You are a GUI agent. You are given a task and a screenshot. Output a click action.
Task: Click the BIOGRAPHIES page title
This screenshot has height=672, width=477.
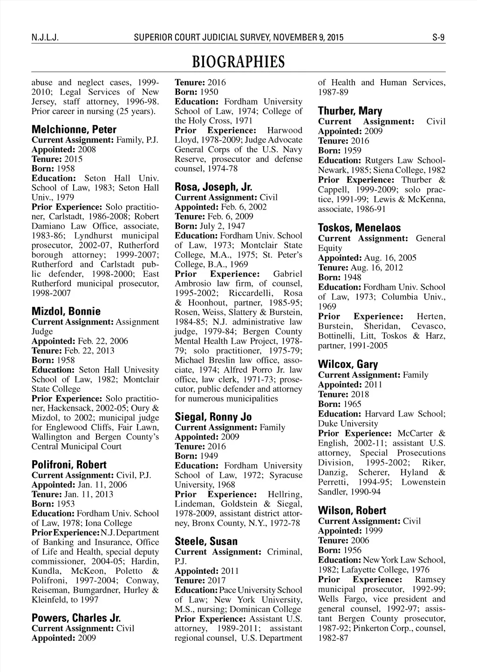[238, 61]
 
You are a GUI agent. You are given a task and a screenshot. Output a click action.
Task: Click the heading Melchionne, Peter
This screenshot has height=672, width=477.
[74, 129]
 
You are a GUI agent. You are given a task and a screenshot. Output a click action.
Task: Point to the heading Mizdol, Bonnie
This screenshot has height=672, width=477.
[66, 311]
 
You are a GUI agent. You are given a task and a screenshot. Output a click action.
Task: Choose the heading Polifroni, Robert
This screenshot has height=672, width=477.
[69, 464]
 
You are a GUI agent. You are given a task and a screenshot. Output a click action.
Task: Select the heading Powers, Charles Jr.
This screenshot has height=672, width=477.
[76, 618]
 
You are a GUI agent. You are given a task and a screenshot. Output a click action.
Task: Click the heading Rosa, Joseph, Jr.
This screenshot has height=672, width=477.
[213, 187]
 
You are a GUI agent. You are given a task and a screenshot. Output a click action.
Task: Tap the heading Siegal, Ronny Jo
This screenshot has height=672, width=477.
[213, 417]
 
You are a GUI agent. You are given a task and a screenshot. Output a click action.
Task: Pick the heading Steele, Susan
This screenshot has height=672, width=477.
[206, 541]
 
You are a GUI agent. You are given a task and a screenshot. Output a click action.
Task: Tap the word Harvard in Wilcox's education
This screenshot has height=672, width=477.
[379, 414]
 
